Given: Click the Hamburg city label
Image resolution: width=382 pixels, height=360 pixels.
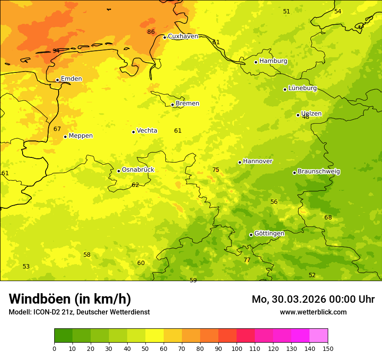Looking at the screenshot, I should tap(273, 61).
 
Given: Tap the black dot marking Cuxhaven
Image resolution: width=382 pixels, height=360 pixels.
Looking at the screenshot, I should tap(165, 37).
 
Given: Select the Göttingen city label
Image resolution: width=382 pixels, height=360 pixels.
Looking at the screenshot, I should tap(269, 233).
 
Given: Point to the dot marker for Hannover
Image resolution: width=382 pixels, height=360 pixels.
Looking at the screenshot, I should tap(240, 162).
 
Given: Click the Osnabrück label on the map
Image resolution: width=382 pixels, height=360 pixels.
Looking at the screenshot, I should tap(138, 170).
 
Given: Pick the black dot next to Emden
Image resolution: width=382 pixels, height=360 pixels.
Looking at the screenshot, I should tap(57, 80).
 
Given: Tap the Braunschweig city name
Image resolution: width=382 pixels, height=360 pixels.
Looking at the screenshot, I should tap(319, 172).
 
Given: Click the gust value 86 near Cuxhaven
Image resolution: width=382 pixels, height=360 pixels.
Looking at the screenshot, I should tap(151, 32).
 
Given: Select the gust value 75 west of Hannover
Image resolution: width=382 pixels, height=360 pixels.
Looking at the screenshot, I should tap(216, 170).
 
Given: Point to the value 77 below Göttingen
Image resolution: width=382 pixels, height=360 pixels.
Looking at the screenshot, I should tap(247, 260).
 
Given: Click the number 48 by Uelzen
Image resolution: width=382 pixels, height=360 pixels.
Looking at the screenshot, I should tap(306, 117).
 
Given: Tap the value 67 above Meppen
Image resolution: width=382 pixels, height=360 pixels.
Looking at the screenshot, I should tap(57, 129).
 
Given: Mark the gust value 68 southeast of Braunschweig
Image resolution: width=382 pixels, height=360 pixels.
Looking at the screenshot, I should tap(328, 217).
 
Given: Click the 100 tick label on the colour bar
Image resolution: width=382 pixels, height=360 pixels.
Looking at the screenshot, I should tap(237, 348).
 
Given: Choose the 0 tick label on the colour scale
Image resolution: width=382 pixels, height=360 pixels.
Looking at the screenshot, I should tap(54, 348).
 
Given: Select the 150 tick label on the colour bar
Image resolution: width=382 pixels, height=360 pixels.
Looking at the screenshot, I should tap(328, 348).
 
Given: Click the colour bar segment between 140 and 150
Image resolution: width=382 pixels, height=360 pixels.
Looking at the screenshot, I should tap(319, 335).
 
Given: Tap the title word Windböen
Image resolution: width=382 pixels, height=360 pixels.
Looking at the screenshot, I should tap(40, 299).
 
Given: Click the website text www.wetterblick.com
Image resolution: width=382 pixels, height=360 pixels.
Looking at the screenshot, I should tap(313, 312).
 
